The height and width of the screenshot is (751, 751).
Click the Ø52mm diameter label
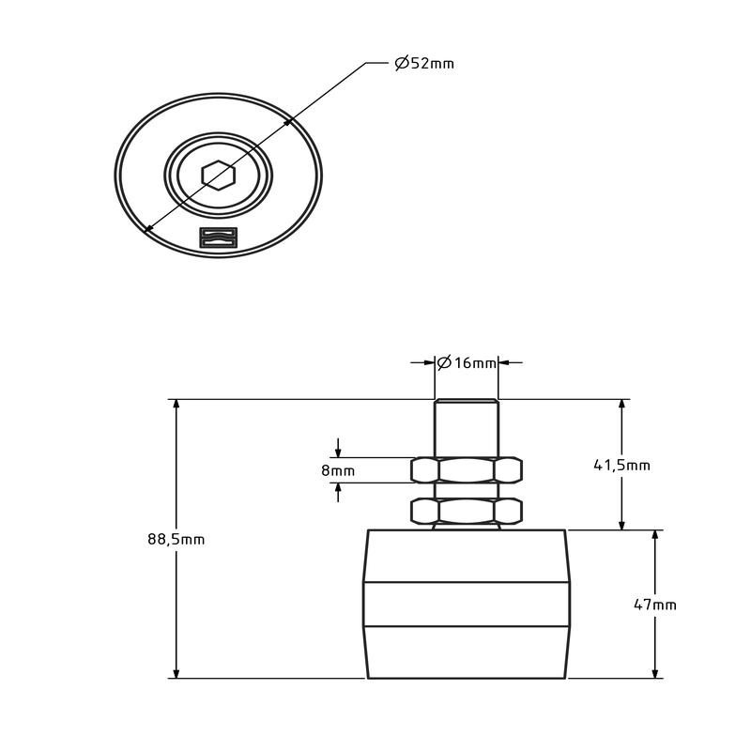click(x=423, y=64)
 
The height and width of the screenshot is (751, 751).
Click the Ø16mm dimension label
click(x=467, y=362)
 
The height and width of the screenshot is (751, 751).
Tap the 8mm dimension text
click(x=338, y=470)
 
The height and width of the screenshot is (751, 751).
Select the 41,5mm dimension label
click(x=623, y=465)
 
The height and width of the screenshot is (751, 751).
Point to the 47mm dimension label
click(x=655, y=605)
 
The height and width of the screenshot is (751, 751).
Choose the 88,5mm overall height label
click(x=176, y=539)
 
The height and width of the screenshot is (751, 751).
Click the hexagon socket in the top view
click(x=218, y=175)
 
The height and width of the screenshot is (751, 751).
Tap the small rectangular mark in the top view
click(x=219, y=238)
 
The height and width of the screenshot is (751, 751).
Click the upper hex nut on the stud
click(x=467, y=469)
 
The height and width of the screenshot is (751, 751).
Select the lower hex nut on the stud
click(x=467, y=511)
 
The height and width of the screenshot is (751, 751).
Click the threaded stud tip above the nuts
click(x=467, y=427)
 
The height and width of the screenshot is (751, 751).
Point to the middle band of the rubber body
click(x=467, y=604)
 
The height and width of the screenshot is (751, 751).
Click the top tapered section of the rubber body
click(x=467, y=556)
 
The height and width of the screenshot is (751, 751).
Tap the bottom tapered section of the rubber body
click(x=467, y=651)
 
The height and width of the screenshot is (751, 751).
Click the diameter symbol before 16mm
click(x=445, y=362)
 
